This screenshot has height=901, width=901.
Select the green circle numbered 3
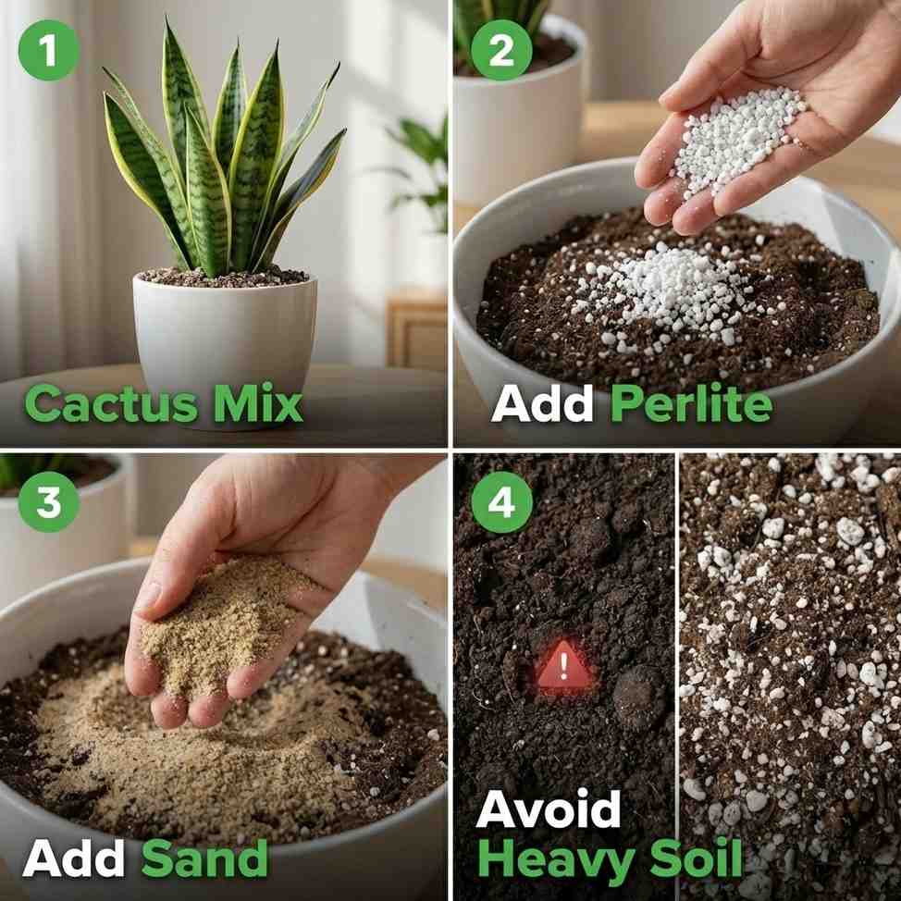(46, 502)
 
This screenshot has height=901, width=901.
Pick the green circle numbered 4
(501, 502)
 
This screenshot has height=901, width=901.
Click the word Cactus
(110, 404)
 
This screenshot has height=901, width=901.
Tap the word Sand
(204, 858)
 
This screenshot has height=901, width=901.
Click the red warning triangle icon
(564, 666)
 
